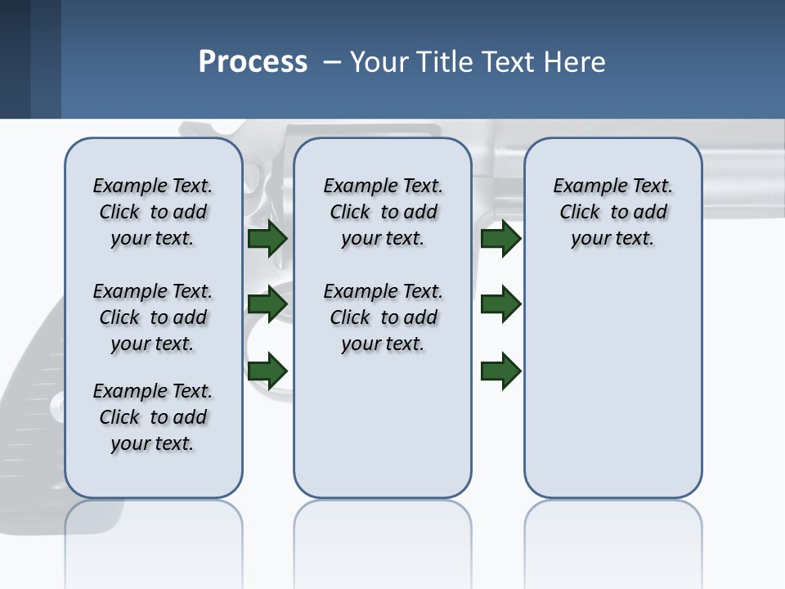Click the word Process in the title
253,62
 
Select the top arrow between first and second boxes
267,239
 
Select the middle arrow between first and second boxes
267,304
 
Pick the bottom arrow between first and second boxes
267,371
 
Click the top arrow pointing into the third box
501,239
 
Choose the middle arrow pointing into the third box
501,304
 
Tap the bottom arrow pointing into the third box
501,371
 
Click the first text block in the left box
153,212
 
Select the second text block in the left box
153,317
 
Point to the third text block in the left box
153,417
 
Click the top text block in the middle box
383,212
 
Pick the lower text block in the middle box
383,317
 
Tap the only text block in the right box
612,212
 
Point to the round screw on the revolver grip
56,406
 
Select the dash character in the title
331,63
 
